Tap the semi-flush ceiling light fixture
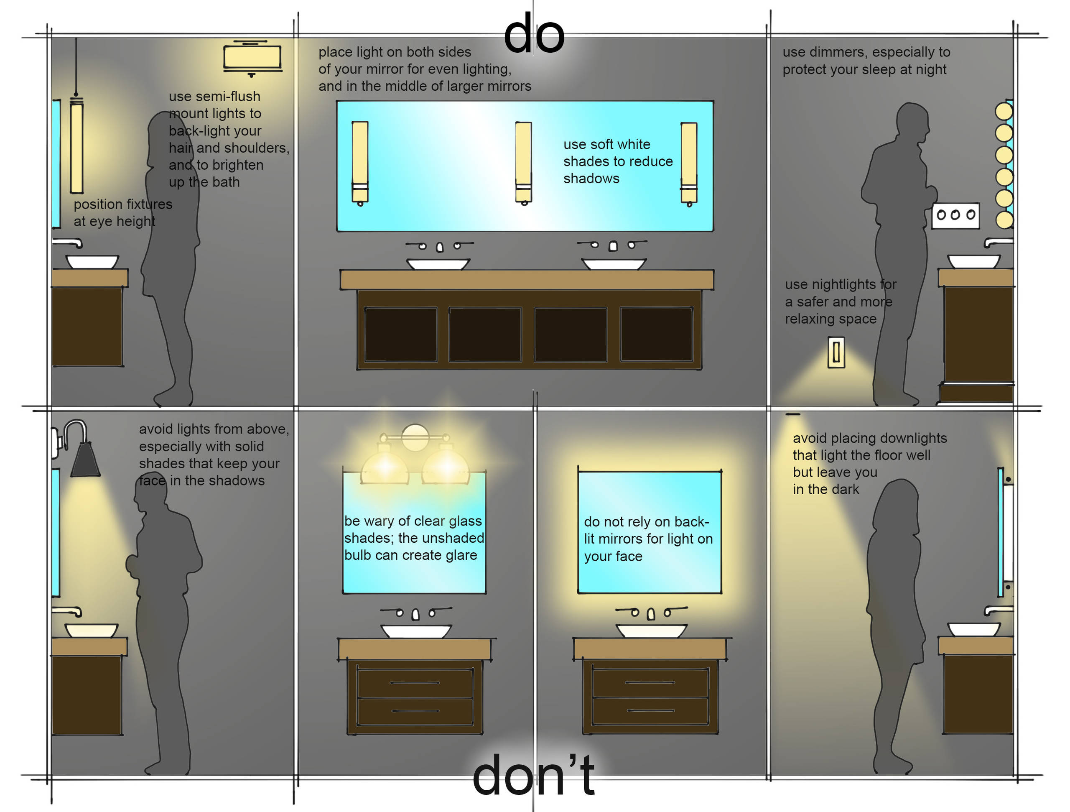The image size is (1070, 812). (252, 57)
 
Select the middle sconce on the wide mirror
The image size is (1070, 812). (523, 162)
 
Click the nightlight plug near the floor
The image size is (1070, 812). (836, 352)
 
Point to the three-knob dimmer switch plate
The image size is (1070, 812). (955, 215)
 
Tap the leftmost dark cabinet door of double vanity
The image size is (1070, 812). (400, 334)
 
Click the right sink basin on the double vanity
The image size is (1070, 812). (613, 264)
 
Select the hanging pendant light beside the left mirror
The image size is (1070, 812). (76, 145)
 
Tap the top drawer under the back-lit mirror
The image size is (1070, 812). (650, 683)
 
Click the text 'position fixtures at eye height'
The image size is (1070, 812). (122, 212)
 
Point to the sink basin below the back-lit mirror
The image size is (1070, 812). (651, 631)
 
